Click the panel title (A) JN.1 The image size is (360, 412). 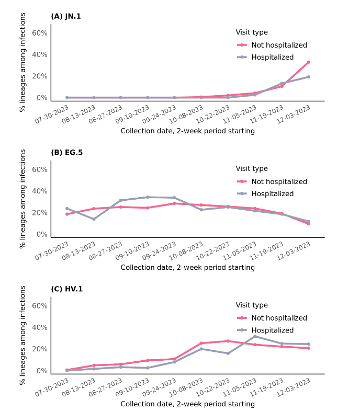[66, 16]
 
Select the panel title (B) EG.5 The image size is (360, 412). [66, 153]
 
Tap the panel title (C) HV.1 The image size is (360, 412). [66, 289]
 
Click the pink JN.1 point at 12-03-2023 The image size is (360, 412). [309, 62]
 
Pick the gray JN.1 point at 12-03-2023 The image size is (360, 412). [309, 77]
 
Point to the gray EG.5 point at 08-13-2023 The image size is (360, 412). [94, 219]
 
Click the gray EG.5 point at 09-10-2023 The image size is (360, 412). [148, 197]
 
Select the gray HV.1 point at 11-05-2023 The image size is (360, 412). [255, 336]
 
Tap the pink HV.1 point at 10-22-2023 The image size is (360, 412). [228, 341]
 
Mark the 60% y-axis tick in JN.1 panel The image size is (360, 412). [40, 33]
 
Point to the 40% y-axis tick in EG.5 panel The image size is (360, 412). [40, 191]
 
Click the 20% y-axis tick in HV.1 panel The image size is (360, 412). [40, 349]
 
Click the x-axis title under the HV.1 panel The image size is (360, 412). [187, 404]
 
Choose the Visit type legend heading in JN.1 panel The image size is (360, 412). [252, 32]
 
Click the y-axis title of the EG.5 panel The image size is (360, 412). [22, 199]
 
